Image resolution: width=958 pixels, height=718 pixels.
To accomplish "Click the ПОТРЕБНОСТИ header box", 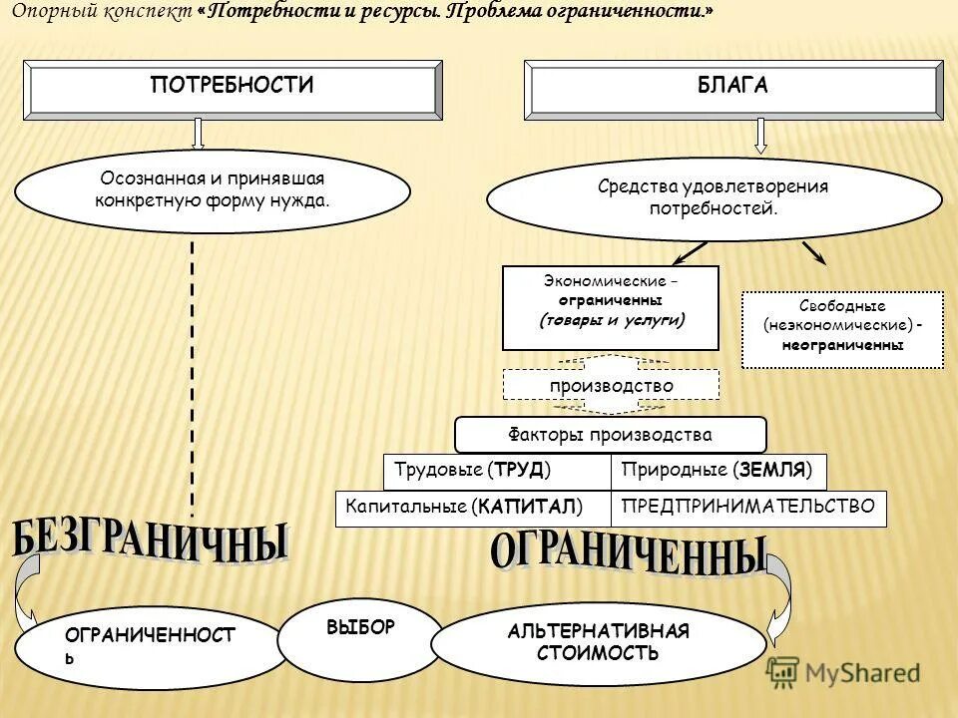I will pyautogui.click(x=233, y=88).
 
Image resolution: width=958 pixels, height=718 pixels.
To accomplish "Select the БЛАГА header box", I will pyautogui.click(x=733, y=88).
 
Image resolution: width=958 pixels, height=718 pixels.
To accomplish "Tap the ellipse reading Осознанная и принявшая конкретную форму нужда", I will pyautogui.click(x=213, y=190).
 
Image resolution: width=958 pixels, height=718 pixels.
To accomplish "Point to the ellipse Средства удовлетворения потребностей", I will pyautogui.click(x=714, y=197).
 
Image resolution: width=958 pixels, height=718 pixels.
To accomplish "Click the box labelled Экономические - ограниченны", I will pyautogui.click(x=611, y=307).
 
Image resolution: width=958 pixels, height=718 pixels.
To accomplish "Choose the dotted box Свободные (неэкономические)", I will pyautogui.click(x=843, y=329).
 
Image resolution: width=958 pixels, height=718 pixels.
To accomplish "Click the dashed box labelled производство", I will pyautogui.click(x=611, y=386).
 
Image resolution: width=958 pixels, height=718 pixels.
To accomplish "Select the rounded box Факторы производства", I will pyautogui.click(x=611, y=435).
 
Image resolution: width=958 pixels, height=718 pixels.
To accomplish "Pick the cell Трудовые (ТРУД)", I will pyautogui.click(x=497, y=470).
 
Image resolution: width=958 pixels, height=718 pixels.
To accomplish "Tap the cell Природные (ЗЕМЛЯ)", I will pyautogui.click(x=718, y=470).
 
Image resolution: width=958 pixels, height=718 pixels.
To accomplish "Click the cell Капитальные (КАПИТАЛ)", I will pyautogui.click(x=473, y=508).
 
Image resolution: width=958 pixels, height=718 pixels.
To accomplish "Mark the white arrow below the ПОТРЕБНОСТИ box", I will pyautogui.click(x=198, y=133).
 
